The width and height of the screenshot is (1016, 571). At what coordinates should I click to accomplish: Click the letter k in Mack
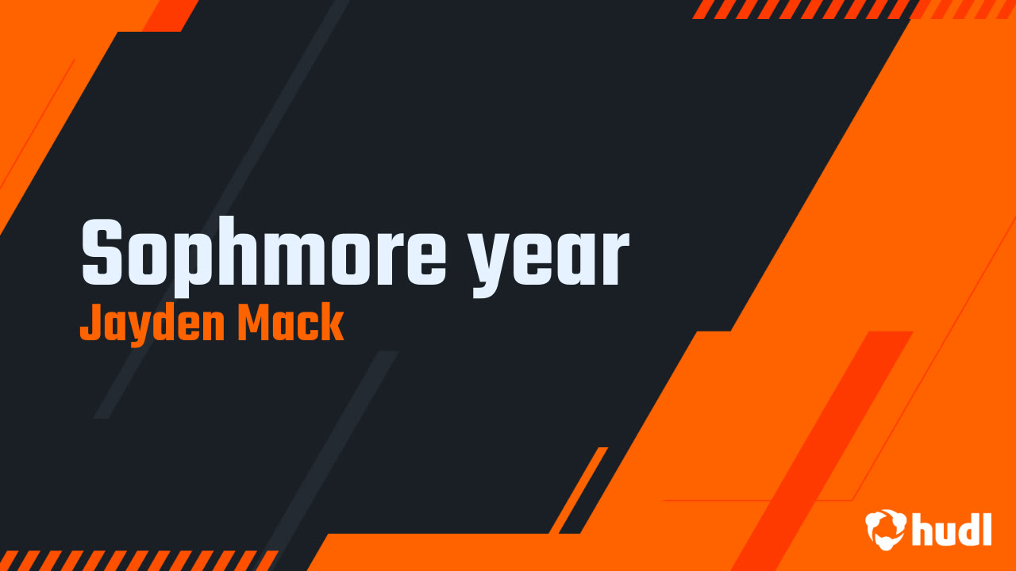click(333, 324)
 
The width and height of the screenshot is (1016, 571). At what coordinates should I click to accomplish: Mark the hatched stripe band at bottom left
click(135, 560)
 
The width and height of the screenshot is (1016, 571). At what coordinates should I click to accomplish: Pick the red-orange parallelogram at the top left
click(169, 15)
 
